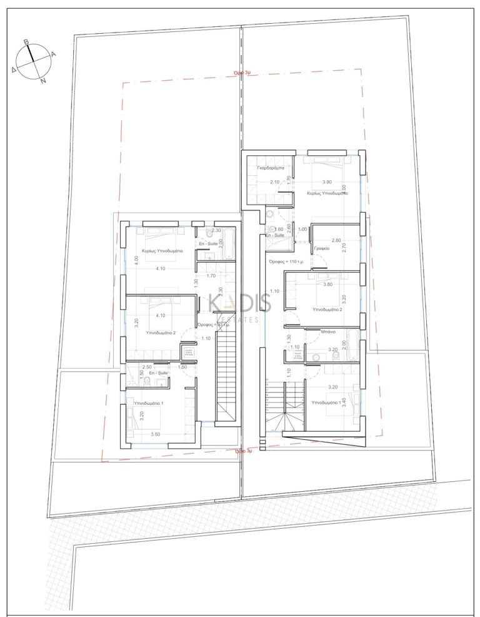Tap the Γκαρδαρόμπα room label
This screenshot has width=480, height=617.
click(270, 168)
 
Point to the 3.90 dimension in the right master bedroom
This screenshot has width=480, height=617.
click(326, 182)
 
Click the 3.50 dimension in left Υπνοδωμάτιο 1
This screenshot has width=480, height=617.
click(156, 434)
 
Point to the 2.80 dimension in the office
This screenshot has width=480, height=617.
click(336, 241)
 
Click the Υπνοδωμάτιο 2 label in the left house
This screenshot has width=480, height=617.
click(161, 333)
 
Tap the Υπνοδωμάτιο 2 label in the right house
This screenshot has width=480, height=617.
click(327, 309)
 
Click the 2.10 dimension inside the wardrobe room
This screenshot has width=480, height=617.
click(274, 182)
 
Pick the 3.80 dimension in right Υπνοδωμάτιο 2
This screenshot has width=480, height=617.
click(325, 285)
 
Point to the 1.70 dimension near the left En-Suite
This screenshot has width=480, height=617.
click(211, 275)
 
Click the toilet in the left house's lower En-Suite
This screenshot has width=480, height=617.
click(146, 380)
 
